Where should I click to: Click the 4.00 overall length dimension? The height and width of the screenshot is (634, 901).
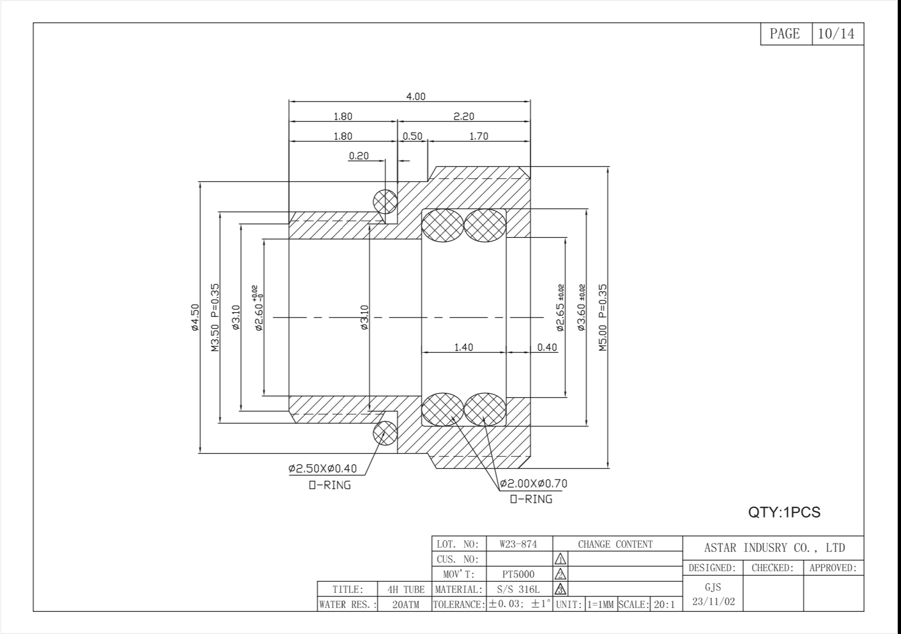pyautogui.click(x=415, y=96)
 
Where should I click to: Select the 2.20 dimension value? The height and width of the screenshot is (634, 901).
pyautogui.click(x=464, y=117)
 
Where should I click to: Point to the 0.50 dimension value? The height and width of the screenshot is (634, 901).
pyautogui.click(x=413, y=137)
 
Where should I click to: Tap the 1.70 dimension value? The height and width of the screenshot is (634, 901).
pyautogui.click(x=479, y=137)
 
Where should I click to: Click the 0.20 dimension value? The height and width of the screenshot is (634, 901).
pyautogui.click(x=359, y=156)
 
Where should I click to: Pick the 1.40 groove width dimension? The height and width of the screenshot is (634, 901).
pyautogui.click(x=464, y=347)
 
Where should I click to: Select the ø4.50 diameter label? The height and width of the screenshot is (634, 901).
pyautogui.click(x=195, y=317)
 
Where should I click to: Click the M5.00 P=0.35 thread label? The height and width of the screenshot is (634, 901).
pyautogui.click(x=602, y=317)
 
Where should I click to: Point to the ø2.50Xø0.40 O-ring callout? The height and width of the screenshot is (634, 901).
pyautogui.click(x=323, y=468)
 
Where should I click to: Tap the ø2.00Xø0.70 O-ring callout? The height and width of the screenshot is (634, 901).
pyautogui.click(x=533, y=483)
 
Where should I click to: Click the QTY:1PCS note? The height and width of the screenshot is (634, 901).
pyautogui.click(x=784, y=512)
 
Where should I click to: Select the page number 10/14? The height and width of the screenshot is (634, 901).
pyautogui.click(x=836, y=34)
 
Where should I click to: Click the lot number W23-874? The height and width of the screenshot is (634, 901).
pyautogui.click(x=518, y=544)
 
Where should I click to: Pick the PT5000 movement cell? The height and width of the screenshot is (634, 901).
pyautogui.click(x=518, y=574)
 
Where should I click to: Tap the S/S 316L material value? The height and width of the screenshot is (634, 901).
pyautogui.click(x=518, y=590)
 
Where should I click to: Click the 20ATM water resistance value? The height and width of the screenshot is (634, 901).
pyautogui.click(x=406, y=604)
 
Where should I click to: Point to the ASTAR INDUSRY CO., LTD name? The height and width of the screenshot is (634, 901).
pyautogui.click(x=774, y=547)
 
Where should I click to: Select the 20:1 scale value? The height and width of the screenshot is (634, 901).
pyautogui.click(x=665, y=604)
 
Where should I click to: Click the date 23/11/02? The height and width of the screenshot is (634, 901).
pyautogui.click(x=713, y=601)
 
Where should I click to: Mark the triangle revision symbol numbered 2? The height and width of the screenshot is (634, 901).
pyautogui.click(x=561, y=574)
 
